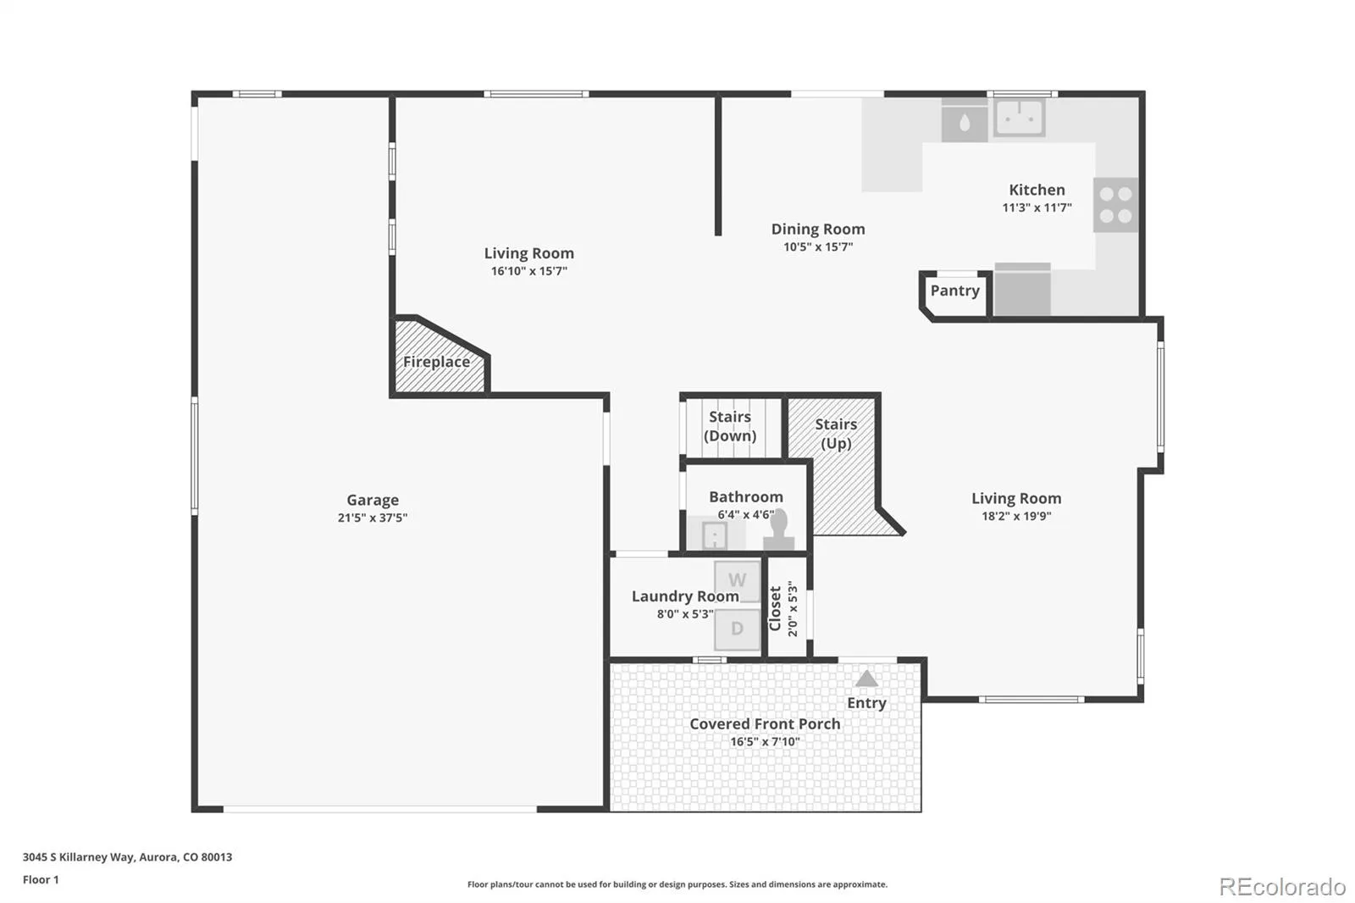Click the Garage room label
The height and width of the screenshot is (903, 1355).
pyautogui.click(x=373, y=500)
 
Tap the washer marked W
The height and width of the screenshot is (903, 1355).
pyautogui.click(x=737, y=581)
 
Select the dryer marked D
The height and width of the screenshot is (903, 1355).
pyautogui.click(x=737, y=629)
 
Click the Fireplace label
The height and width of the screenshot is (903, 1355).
pyautogui.click(x=436, y=362)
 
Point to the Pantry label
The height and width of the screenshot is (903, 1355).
pyautogui.click(x=954, y=291)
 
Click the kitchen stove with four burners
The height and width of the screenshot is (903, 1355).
pyautogui.click(x=1115, y=204)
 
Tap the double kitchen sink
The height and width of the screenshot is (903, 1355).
pyautogui.click(x=1020, y=118)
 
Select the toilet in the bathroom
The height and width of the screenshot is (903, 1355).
pyautogui.click(x=778, y=529)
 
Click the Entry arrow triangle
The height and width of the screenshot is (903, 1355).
pyautogui.click(x=866, y=679)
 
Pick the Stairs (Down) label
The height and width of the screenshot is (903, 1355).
pyautogui.click(x=730, y=426)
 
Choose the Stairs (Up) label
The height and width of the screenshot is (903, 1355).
pyautogui.click(x=836, y=434)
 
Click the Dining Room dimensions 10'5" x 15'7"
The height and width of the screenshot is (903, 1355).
pyautogui.click(x=818, y=247)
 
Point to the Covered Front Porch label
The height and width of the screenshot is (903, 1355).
pyautogui.click(x=765, y=724)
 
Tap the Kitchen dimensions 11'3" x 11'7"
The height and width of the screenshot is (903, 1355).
pyautogui.click(x=1037, y=208)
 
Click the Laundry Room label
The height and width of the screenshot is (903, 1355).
pyautogui.click(x=685, y=596)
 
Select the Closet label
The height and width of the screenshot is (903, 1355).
pyautogui.click(x=775, y=608)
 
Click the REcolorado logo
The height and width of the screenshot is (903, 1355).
pyautogui.click(x=1282, y=887)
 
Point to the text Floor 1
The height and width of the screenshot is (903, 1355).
pyautogui.click(x=41, y=879)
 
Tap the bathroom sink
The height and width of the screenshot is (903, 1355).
pyautogui.click(x=715, y=535)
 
